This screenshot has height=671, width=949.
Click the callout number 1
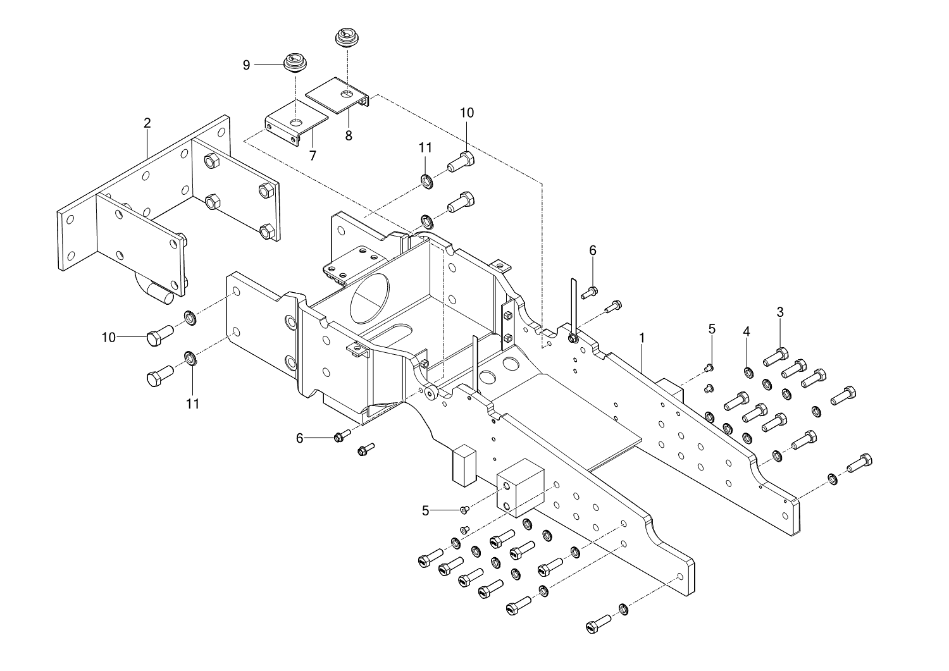[642, 338]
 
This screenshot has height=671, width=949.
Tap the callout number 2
[147, 123]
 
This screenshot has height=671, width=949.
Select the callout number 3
[780, 312]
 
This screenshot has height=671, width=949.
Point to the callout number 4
[747, 331]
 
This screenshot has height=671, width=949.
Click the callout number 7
[313, 156]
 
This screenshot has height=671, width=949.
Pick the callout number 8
[348, 135]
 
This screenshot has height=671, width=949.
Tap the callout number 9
[246, 65]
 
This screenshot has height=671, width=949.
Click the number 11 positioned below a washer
[193, 403]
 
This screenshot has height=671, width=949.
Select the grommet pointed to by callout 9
[295, 63]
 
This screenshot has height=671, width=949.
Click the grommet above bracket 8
[347, 37]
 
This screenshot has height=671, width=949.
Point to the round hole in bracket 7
[297, 123]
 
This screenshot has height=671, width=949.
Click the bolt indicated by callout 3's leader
[776, 357]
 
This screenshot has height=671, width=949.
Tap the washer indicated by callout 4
[748, 372]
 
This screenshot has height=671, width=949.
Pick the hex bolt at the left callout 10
[159, 335]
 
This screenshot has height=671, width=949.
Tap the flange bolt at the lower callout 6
[342, 436]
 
